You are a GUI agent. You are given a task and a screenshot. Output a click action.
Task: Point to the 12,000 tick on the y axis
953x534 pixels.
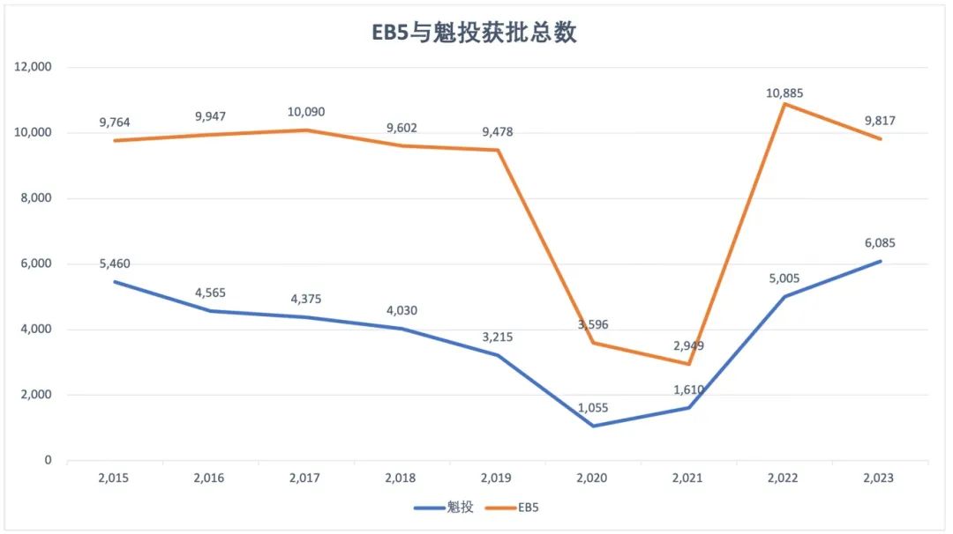tap(34, 67)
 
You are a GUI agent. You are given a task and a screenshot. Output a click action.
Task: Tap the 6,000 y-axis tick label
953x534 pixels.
tap(36, 263)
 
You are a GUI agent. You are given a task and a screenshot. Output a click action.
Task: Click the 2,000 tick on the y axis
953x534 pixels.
tap(36, 395)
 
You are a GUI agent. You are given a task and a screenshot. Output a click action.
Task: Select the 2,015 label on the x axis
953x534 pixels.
tap(114, 478)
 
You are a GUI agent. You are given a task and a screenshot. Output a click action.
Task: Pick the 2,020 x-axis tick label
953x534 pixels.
tap(591, 478)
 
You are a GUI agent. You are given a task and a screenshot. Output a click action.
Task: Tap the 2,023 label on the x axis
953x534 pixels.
tap(878, 478)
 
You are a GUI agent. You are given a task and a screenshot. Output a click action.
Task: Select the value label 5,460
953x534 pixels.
tap(114, 263)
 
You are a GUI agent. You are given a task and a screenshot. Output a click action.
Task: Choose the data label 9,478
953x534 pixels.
tap(496, 132)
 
